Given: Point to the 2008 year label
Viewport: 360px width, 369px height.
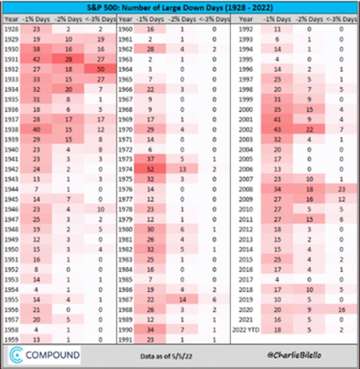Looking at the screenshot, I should coord(246,189).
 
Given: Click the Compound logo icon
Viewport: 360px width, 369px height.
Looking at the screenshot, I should coord(16,355).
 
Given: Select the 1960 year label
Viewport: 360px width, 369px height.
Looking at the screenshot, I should coord(126,30).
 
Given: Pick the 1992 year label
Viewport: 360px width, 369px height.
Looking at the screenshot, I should coord(246,30).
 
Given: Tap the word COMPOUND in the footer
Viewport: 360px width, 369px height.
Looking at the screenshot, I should coord(52,355).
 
